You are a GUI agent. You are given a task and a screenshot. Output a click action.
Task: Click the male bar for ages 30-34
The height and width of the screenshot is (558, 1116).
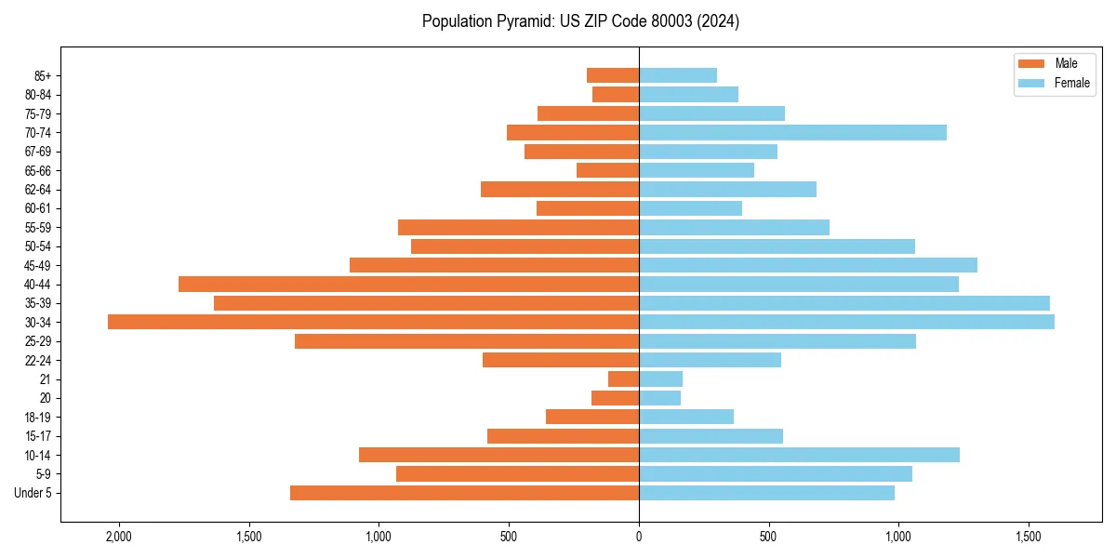coord(373,322)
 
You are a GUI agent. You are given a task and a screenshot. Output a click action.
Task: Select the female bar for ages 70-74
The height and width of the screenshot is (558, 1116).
coord(792,132)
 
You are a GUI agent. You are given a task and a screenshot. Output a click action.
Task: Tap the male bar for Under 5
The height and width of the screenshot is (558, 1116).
coord(464,493)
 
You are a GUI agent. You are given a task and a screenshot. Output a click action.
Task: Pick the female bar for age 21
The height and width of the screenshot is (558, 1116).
coord(660,379)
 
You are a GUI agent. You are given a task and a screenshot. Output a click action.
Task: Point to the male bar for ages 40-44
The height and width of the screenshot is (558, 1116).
coord(408,284)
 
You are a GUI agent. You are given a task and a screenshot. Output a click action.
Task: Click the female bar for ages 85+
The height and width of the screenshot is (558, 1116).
coord(678,75)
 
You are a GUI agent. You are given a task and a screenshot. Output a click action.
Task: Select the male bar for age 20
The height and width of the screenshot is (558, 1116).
coord(615,398)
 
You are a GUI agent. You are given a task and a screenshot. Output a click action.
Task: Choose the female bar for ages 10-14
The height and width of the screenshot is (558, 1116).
coord(799,455)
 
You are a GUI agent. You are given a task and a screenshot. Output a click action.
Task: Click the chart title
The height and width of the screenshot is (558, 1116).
coord(580,21)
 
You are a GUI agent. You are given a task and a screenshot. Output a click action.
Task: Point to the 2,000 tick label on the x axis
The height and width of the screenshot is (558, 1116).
coord(119,537)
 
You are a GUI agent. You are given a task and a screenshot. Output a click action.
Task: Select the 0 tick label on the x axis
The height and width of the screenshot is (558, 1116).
coord(639,537)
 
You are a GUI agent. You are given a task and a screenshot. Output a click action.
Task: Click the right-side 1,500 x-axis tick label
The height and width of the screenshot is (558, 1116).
coord(1028,537)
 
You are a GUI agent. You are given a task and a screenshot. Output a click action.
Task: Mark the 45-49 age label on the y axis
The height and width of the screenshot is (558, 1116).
coord(38,265)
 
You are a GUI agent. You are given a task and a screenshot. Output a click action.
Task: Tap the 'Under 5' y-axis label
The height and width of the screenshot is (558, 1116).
coord(33,493)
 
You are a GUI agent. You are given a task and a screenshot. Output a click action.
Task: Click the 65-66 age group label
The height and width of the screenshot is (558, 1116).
coord(38,170)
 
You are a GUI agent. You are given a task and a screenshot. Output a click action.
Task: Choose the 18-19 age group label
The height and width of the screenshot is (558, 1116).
coord(38,418)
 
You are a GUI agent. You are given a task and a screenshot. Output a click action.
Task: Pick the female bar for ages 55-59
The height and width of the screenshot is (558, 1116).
coord(734,227)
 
